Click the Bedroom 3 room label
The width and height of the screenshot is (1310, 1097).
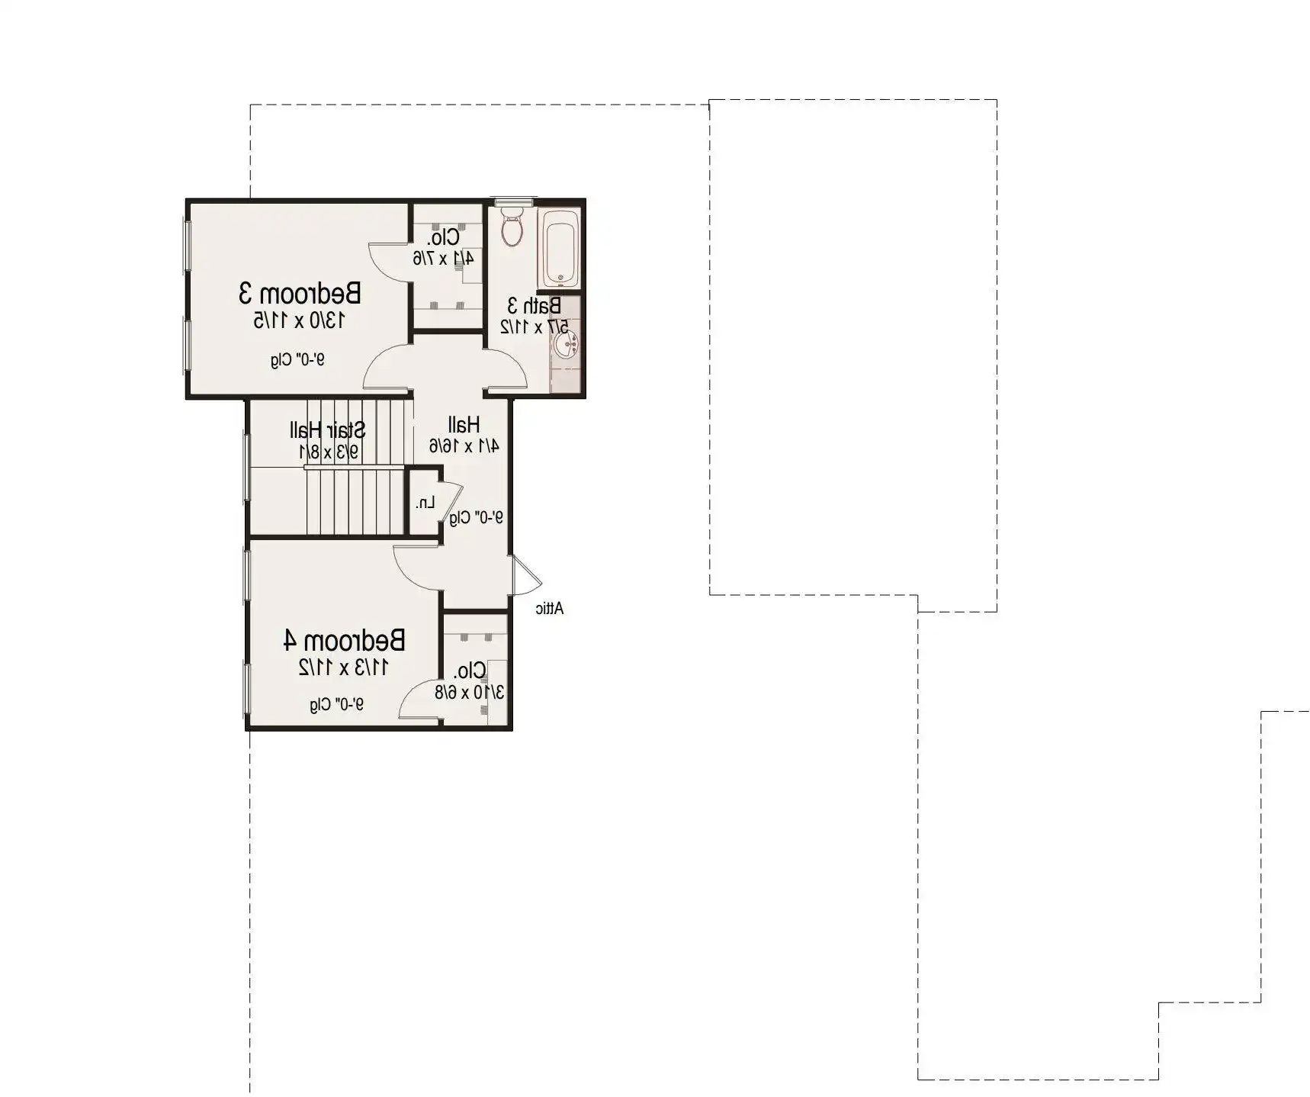click(x=300, y=293)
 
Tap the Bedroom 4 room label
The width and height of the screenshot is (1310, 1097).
click(x=344, y=640)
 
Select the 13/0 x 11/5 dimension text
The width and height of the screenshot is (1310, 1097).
click(x=299, y=320)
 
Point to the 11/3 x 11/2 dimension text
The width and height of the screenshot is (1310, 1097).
click(x=343, y=668)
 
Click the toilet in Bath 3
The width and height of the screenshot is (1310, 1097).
click(x=512, y=226)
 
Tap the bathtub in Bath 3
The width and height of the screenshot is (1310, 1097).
click(x=560, y=248)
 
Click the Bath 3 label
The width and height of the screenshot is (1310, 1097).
click(x=535, y=306)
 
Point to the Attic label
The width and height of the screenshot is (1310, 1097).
click(x=549, y=608)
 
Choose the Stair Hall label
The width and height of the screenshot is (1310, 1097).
click(x=327, y=430)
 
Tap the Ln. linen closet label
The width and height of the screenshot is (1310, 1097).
click(x=425, y=503)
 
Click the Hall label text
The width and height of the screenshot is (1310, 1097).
click(x=464, y=424)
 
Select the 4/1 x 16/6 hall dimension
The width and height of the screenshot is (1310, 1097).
click(x=464, y=446)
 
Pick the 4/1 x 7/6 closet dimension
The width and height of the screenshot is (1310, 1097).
click(x=443, y=258)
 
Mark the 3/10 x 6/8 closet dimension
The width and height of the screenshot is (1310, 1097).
click(x=469, y=693)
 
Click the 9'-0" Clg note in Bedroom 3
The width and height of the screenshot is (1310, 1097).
click(x=297, y=359)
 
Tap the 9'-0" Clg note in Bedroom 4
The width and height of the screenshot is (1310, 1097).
click(x=336, y=704)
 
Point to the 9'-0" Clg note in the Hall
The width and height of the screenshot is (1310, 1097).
click(x=476, y=517)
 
